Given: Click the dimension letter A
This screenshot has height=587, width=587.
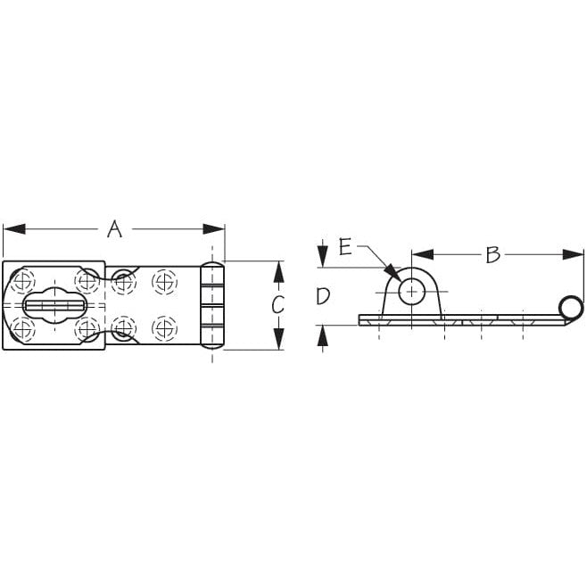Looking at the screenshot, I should click(113, 228).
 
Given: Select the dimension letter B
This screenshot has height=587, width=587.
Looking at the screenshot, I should click(492, 254).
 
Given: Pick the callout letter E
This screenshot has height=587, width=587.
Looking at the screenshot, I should click(345, 246).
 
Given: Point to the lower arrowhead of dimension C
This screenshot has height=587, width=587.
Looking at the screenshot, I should click(277, 342).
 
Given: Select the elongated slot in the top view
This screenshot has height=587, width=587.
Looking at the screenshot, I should click(54, 305).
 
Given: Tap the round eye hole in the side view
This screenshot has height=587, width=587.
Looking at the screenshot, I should click(411, 290).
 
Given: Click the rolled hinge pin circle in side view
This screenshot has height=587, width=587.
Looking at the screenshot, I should click(571, 308).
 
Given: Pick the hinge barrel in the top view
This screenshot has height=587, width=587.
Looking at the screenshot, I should click(212, 305).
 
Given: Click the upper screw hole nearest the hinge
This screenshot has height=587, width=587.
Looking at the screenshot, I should click(163, 281).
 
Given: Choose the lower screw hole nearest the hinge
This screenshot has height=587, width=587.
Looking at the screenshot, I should click(163, 327).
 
